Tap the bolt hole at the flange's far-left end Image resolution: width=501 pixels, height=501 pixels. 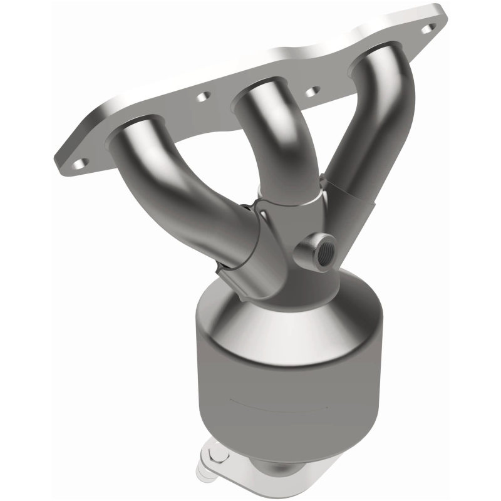[x=78, y=163]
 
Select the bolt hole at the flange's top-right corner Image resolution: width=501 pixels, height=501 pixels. [x=430, y=28]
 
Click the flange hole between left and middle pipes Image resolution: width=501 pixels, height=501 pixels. [x=202, y=97]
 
